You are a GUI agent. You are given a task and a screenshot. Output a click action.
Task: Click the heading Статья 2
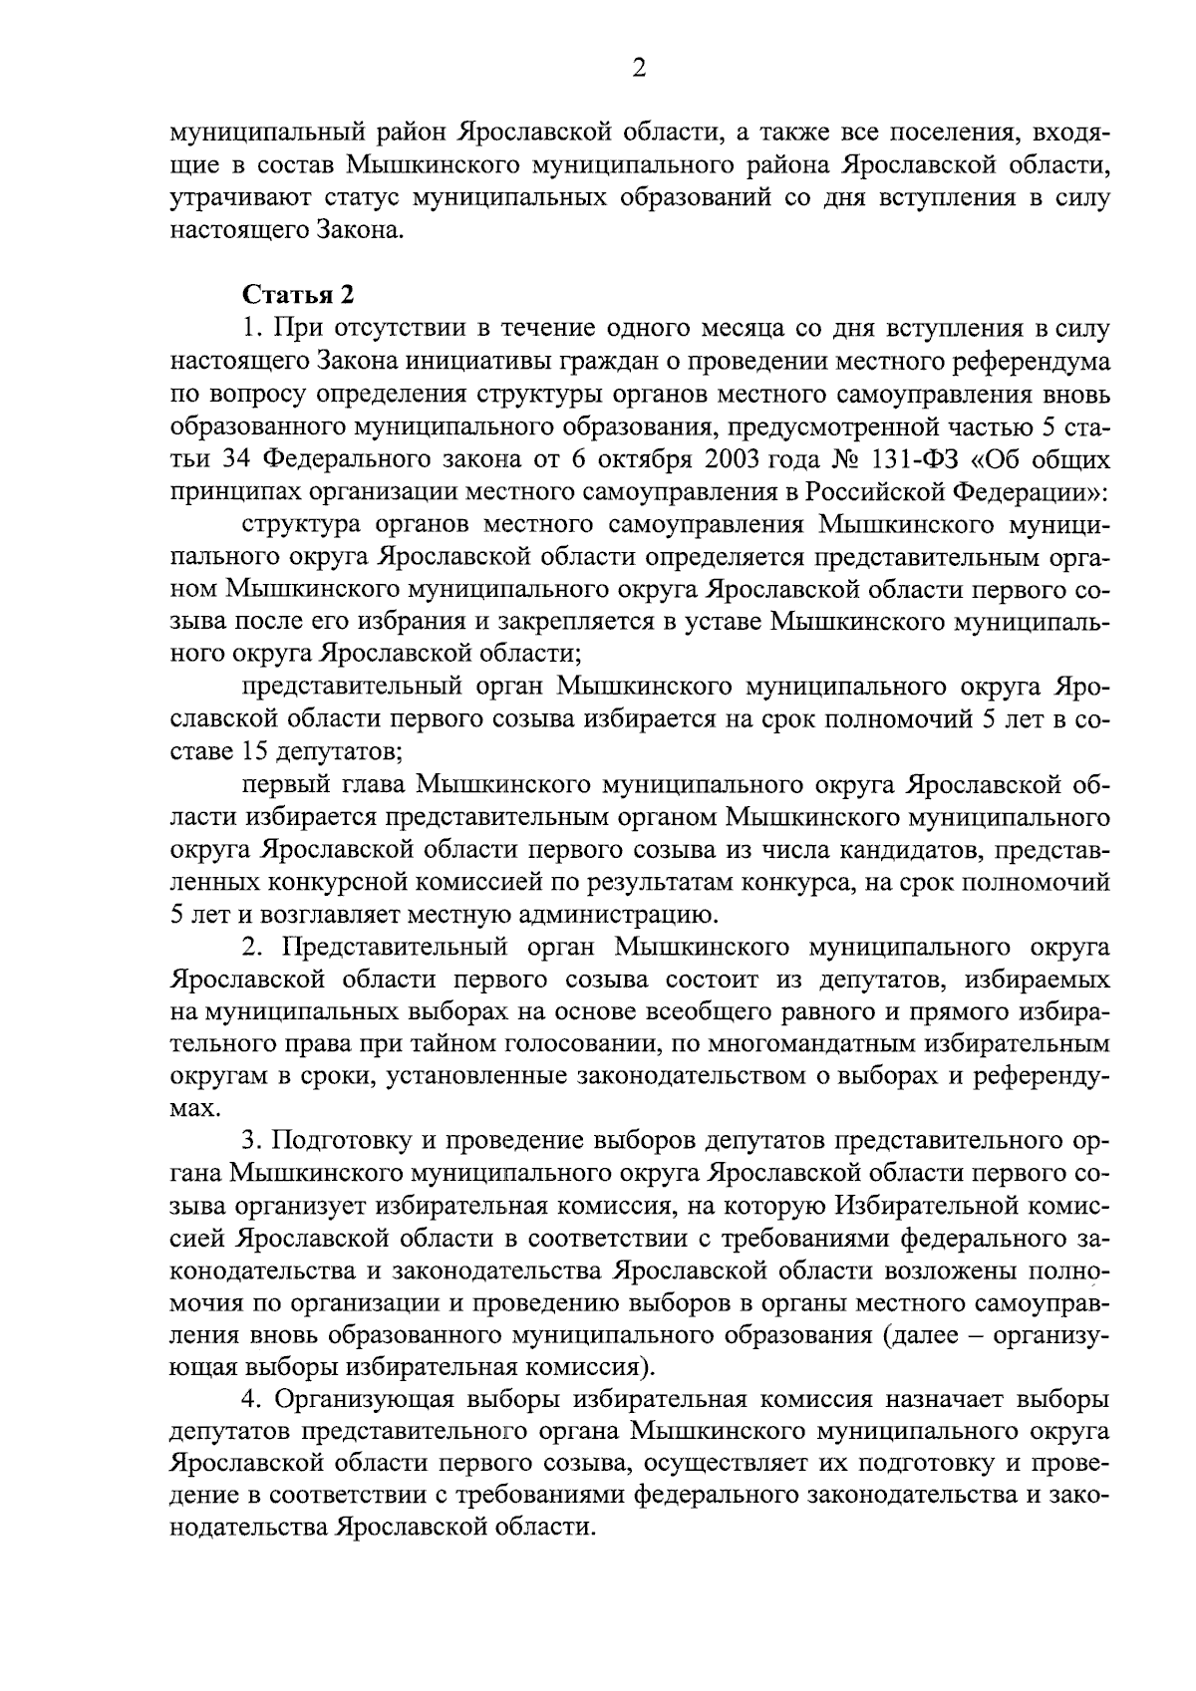click(x=298, y=295)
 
